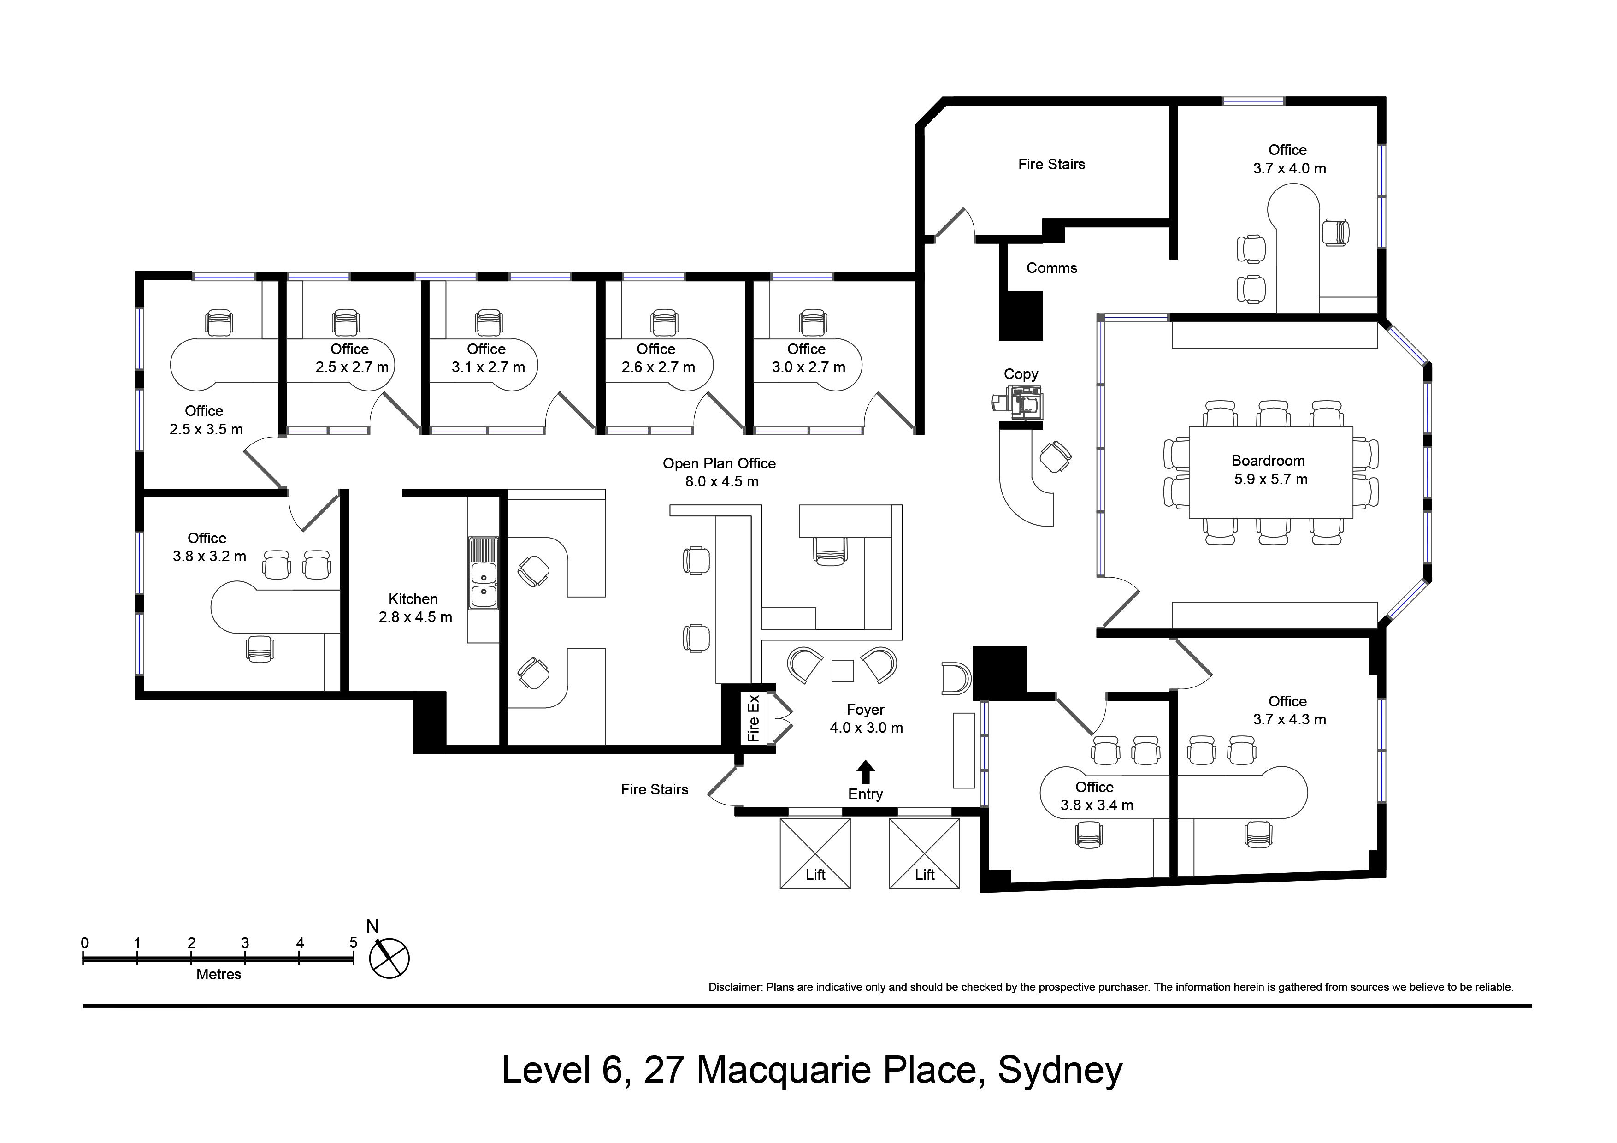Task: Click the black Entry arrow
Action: (866, 772)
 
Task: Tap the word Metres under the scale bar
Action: (218, 975)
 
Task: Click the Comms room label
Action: (1051, 267)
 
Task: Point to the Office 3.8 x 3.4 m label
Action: (1097, 796)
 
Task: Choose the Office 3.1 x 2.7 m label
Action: (487, 358)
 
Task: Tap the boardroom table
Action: (1270, 472)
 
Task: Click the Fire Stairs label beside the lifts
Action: (654, 789)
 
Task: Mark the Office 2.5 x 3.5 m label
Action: (206, 420)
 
